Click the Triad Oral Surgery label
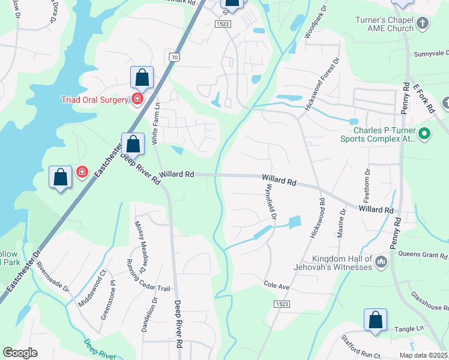click(95, 100)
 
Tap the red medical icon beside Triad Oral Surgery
click(137, 99)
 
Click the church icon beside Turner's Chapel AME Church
click(423, 24)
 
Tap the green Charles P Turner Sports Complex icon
click(425, 133)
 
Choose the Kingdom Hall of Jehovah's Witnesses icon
click(381, 262)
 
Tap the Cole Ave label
click(277, 286)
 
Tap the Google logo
click(20, 353)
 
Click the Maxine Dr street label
click(342, 223)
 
